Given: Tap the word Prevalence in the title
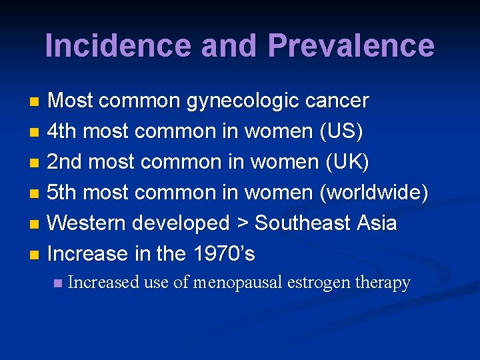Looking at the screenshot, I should pyautogui.click(x=351, y=45).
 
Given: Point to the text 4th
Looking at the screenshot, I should pyautogui.click(x=62, y=131).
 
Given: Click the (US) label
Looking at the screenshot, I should pyautogui.click(x=342, y=131).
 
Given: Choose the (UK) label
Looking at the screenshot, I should pyautogui.click(x=345, y=161).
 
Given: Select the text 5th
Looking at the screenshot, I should pyautogui.click(x=62, y=192).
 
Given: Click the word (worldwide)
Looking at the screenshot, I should pyautogui.click(x=373, y=192).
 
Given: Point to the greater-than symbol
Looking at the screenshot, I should pyautogui.click(x=242, y=223).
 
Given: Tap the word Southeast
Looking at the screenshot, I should pyautogui.click(x=304, y=223).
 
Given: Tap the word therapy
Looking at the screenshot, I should pyautogui.click(x=383, y=283).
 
